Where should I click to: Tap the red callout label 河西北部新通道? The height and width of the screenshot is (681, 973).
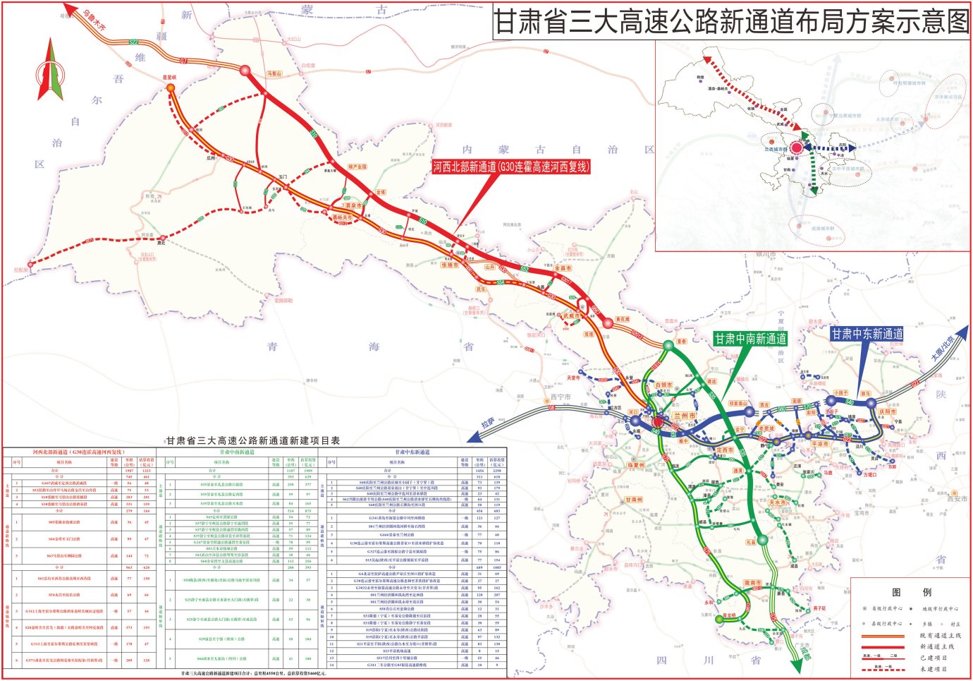[x=510, y=167]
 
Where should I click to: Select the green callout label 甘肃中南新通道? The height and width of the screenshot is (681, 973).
[x=750, y=339]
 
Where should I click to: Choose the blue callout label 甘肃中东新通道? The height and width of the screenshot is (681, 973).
[x=867, y=334]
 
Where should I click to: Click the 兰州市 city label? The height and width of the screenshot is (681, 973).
[x=684, y=416]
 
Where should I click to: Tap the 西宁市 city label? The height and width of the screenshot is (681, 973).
[x=561, y=397]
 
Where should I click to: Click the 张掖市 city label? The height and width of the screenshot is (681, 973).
[x=449, y=265]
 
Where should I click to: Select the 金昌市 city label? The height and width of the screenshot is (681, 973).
[x=563, y=268]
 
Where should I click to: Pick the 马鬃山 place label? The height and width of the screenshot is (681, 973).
[x=274, y=73]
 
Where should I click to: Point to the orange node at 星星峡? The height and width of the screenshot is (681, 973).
[x=171, y=88]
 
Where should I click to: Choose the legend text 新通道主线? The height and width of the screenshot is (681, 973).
[x=936, y=646]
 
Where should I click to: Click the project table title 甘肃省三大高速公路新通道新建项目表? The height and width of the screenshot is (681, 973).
[x=252, y=440]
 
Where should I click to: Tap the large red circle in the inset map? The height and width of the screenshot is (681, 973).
[x=796, y=147]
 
